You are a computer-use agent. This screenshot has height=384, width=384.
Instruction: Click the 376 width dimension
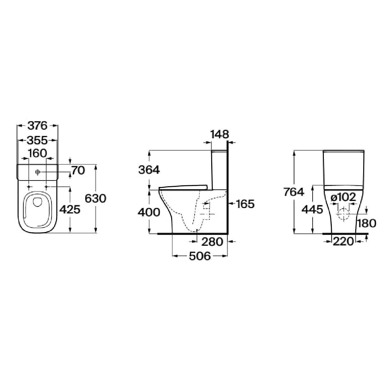coord(37,126)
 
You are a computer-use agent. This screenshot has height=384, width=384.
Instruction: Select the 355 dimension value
coord(37,140)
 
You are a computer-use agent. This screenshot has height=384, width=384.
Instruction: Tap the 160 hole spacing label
coord(37,153)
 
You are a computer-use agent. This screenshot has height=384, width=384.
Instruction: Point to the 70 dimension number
coord(78,171)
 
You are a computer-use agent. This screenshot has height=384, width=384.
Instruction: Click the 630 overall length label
coord(95,198)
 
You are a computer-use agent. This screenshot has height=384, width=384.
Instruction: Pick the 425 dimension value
coord(70,209)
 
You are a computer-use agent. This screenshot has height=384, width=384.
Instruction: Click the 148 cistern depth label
coord(220,134)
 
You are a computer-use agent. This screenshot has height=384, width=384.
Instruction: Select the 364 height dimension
coord(149,170)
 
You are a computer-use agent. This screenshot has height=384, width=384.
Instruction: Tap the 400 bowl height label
coord(149,212)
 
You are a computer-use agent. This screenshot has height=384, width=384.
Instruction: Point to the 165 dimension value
coord(245,204)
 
